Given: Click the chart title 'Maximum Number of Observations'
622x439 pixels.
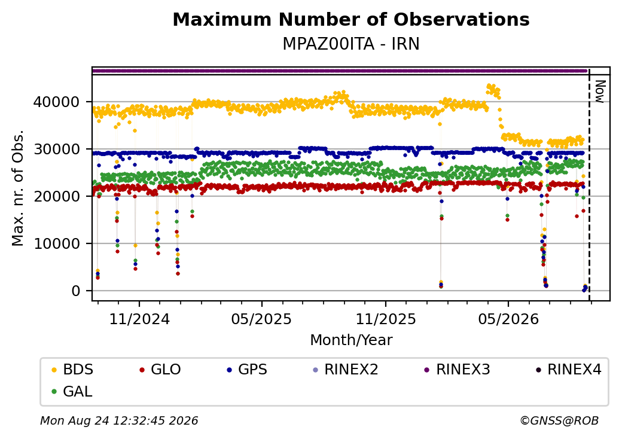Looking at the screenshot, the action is click(x=351, y=19).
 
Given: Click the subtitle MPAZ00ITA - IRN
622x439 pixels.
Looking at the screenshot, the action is click(x=351, y=44).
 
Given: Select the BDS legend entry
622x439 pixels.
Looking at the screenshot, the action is click(x=72, y=370).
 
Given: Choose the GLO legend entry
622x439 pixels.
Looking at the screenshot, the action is click(x=160, y=370).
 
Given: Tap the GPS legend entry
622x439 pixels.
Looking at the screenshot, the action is click(x=247, y=370).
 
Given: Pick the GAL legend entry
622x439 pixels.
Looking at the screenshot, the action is click(x=72, y=391).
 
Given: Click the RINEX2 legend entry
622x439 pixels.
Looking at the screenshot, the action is click(x=346, y=370).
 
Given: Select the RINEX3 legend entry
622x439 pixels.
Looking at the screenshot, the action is click(x=458, y=370).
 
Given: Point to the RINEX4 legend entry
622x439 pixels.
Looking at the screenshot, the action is click(x=568, y=370).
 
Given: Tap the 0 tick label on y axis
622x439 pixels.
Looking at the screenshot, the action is click(x=76, y=291).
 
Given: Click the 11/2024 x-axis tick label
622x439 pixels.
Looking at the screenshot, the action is click(x=139, y=319).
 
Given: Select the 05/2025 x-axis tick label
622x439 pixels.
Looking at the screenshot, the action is click(x=261, y=319).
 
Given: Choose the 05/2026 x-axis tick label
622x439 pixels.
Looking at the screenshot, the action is click(x=508, y=319).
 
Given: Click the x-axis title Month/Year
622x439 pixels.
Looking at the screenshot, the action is click(x=351, y=340).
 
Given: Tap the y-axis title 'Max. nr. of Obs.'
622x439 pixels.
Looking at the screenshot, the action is click(x=18, y=188).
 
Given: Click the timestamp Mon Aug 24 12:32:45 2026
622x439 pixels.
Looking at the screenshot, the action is click(x=119, y=420).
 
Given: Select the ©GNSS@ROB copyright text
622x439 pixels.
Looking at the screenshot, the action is click(x=559, y=420).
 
